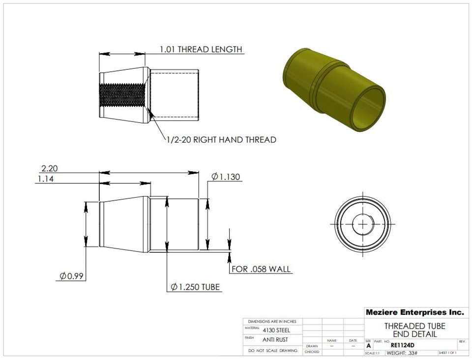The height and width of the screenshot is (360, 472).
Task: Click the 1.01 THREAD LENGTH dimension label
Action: [x=201, y=49]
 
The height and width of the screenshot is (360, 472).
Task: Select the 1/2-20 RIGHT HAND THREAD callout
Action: [x=221, y=140]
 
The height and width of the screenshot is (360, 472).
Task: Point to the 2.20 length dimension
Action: [x=50, y=168]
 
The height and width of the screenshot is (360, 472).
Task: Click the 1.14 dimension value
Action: [x=46, y=179]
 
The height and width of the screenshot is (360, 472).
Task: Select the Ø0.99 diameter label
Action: [x=71, y=276]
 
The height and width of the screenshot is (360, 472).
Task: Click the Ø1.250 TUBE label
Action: [x=195, y=287]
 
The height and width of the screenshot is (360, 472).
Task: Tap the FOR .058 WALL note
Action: [x=261, y=269]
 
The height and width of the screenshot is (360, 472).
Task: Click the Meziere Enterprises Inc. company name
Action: [x=414, y=312]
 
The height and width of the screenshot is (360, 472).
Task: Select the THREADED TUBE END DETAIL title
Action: [x=414, y=330]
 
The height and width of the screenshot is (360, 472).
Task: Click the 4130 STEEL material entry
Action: [x=276, y=330]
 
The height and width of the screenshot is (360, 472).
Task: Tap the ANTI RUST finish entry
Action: [x=275, y=339]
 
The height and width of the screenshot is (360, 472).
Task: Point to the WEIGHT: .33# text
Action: [x=402, y=353]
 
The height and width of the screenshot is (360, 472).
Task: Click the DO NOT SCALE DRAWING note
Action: [x=273, y=351]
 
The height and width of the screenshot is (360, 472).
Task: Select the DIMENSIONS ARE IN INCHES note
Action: [x=272, y=321]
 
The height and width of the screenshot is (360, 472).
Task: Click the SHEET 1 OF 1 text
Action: [x=447, y=353]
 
